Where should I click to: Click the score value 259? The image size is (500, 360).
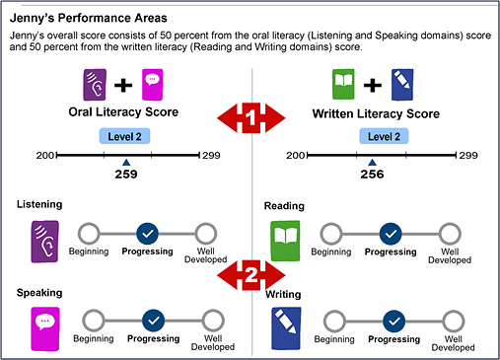[x=125, y=174]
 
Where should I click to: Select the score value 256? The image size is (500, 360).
[x=372, y=174]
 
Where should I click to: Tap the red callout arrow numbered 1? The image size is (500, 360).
[x=251, y=117]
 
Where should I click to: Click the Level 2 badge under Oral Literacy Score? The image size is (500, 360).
[x=125, y=136]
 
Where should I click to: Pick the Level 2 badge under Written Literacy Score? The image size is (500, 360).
[x=372, y=136]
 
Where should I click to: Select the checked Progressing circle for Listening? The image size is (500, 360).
[x=147, y=234]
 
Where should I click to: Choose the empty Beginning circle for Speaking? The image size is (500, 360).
[x=94, y=321]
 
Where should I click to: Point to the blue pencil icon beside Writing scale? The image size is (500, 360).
[x=285, y=328]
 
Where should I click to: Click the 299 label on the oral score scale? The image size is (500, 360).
[x=211, y=156]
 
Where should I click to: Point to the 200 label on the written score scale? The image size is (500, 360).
[x=291, y=156]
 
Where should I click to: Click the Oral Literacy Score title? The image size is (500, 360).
[x=124, y=112]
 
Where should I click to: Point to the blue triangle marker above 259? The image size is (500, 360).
[x=125, y=162]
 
